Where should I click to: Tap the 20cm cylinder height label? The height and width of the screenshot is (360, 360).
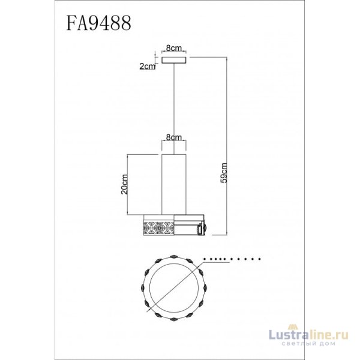(x=125, y=184)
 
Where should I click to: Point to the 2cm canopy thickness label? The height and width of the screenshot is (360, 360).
(x=147, y=67)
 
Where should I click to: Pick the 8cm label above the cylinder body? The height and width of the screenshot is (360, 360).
(x=173, y=137)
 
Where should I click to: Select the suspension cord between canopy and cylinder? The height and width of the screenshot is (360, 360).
(x=173, y=108)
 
